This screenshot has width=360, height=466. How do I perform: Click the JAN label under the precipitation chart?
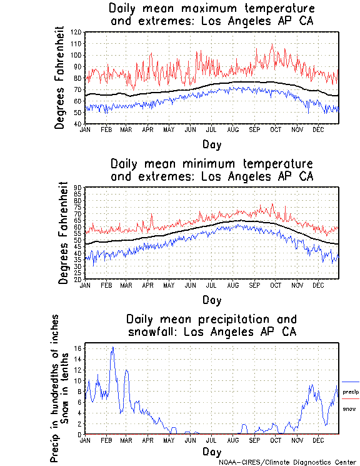pos(86,440)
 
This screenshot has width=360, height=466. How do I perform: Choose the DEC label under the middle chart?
pos(318,285)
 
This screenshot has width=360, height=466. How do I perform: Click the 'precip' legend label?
pos(351,392)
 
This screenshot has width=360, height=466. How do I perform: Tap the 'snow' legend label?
pos(349,408)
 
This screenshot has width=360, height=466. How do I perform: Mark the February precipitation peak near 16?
pos(112,347)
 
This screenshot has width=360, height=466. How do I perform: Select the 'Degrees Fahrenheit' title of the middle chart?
pos(62,233)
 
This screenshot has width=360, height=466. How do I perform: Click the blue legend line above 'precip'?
pos(351,382)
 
